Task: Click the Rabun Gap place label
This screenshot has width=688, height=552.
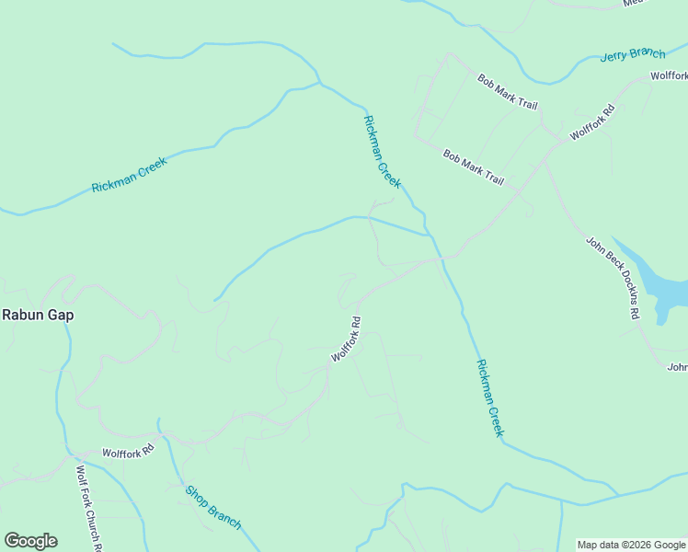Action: pos(38,315)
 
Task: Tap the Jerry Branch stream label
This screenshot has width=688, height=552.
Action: pos(632,54)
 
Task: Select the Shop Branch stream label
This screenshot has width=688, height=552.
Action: pos(213,507)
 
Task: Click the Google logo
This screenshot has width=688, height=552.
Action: pos(30,541)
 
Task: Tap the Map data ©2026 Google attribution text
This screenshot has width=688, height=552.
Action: pos(631,545)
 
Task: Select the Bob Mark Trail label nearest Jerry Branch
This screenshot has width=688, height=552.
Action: pos(507,92)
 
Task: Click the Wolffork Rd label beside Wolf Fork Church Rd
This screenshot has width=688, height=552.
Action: pos(128,453)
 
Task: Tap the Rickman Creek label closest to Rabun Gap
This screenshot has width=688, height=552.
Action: pos(130,175)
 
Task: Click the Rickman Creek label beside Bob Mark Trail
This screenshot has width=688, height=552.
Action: pos(383,152)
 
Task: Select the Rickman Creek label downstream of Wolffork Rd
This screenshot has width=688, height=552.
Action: pos(490,397)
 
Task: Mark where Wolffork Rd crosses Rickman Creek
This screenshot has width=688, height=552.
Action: pos(441,259)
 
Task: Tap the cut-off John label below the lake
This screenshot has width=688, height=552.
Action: pos(677,367)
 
